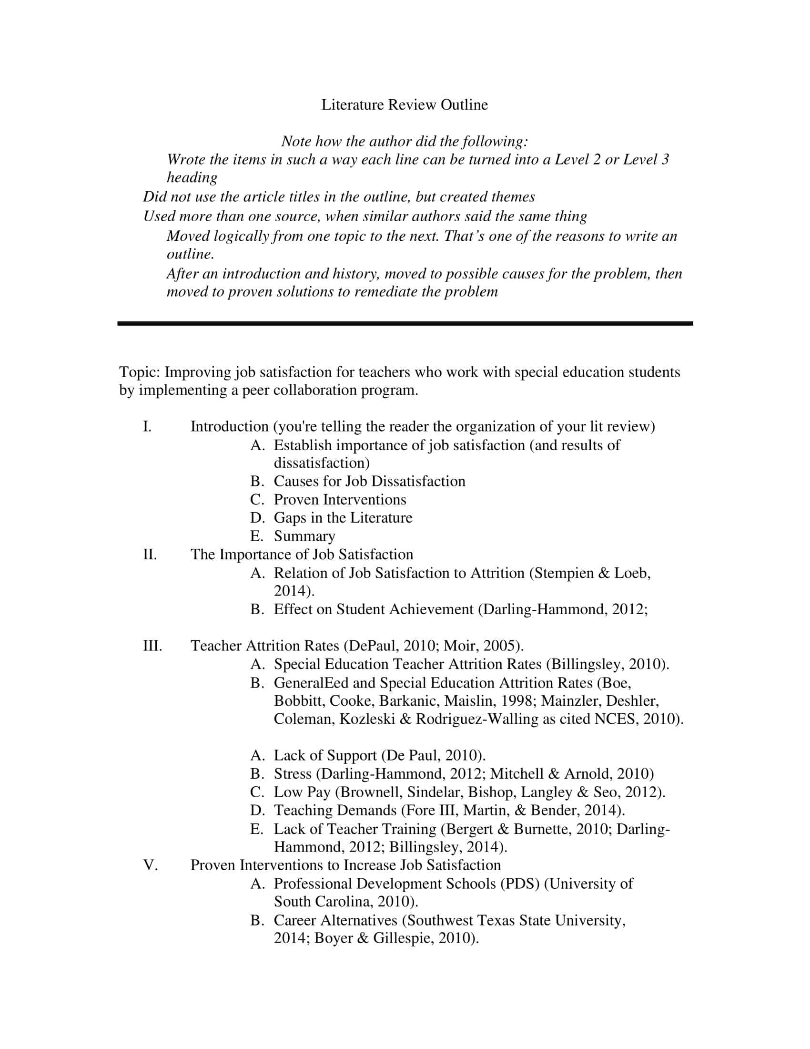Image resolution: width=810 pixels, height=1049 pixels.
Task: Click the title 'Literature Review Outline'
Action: [x=404, y=105]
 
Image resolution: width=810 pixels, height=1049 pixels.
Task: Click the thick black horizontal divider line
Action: [x=405, y=324]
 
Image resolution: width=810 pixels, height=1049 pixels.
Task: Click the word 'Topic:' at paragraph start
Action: [x=140, y=372]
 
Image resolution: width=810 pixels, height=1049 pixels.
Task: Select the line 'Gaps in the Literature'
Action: [x=343, y=518]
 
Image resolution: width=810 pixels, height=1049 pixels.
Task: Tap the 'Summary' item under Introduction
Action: [x=304, y=536]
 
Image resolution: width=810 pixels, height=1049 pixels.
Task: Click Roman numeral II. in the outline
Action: [x=150, y=554]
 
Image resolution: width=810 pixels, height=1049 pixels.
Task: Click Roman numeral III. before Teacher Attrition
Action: [x=152, y=646]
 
